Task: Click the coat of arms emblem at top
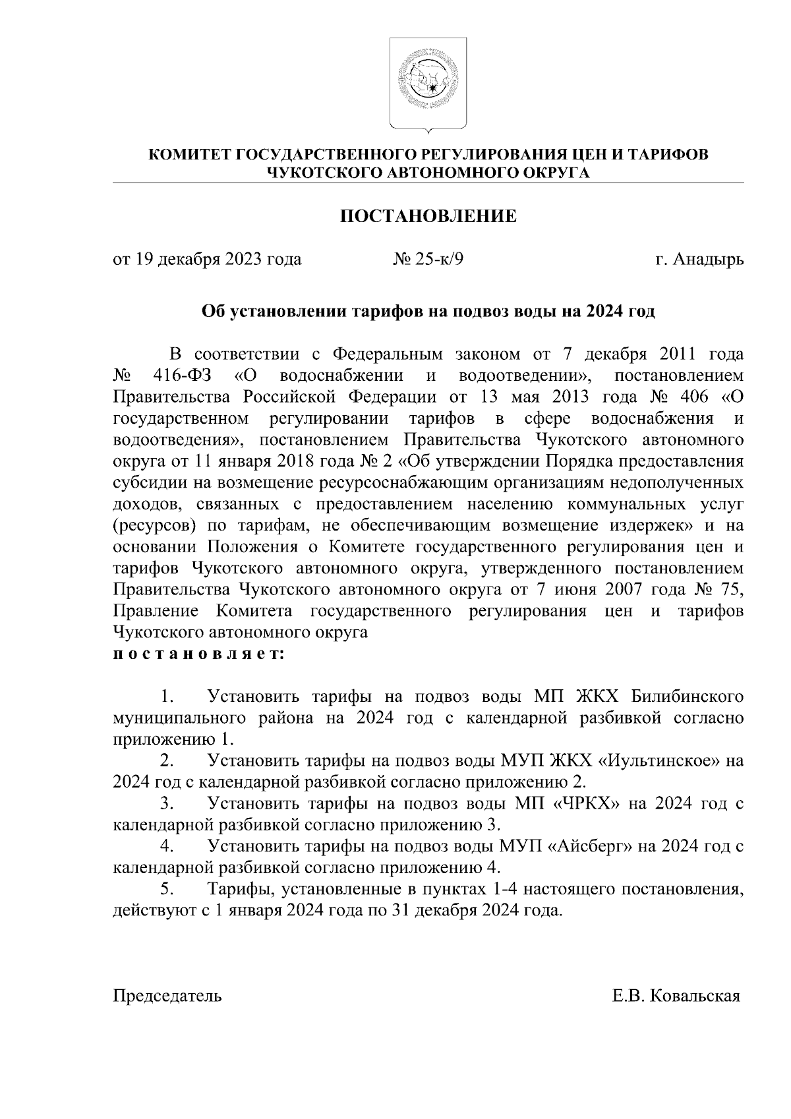coord(428,83)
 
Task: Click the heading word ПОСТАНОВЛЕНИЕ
coord(428,216)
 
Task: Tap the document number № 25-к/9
coord(428,260)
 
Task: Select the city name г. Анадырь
coord(699,260)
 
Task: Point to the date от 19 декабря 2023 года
coord(208,260)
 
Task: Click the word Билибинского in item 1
coord(688,697)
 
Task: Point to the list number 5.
coord(167,890)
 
